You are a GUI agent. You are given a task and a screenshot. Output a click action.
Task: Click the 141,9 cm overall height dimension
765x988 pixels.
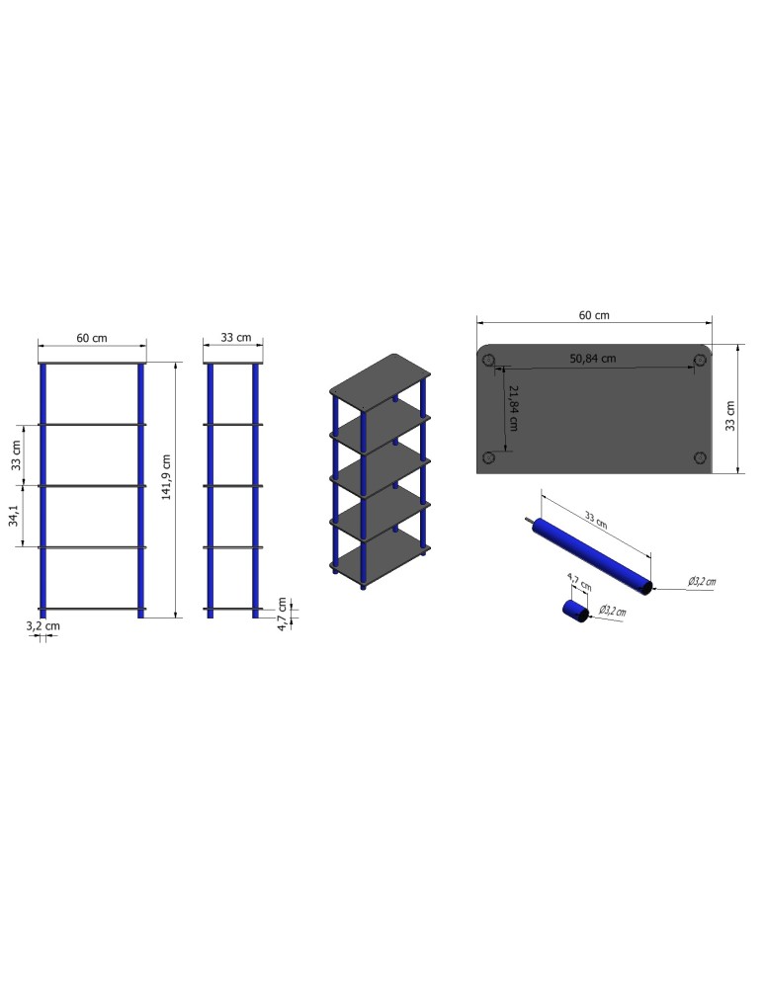[167, 477]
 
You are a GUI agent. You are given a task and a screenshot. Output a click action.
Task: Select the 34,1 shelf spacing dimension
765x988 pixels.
[14, 517]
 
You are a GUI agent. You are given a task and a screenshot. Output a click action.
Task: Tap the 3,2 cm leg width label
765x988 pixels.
[42, 625]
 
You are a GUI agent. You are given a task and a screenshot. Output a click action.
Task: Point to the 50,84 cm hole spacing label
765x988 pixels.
[593, 358]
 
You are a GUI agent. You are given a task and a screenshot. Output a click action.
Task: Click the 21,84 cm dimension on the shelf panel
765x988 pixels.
[513, 408]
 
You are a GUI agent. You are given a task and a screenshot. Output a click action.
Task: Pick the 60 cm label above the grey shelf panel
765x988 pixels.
[594, 315]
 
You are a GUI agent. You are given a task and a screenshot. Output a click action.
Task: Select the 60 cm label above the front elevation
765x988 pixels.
[92, 338]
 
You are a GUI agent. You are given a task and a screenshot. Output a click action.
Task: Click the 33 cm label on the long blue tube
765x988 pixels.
[596, 518]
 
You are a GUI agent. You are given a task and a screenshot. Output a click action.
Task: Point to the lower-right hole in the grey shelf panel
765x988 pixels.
[700, 456]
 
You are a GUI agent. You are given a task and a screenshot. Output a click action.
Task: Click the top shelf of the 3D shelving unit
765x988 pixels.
[382, 379]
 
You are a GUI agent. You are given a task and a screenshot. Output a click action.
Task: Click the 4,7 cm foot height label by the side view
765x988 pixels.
[282, 613]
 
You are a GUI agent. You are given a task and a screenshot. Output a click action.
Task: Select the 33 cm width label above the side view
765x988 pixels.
[235, 338]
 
